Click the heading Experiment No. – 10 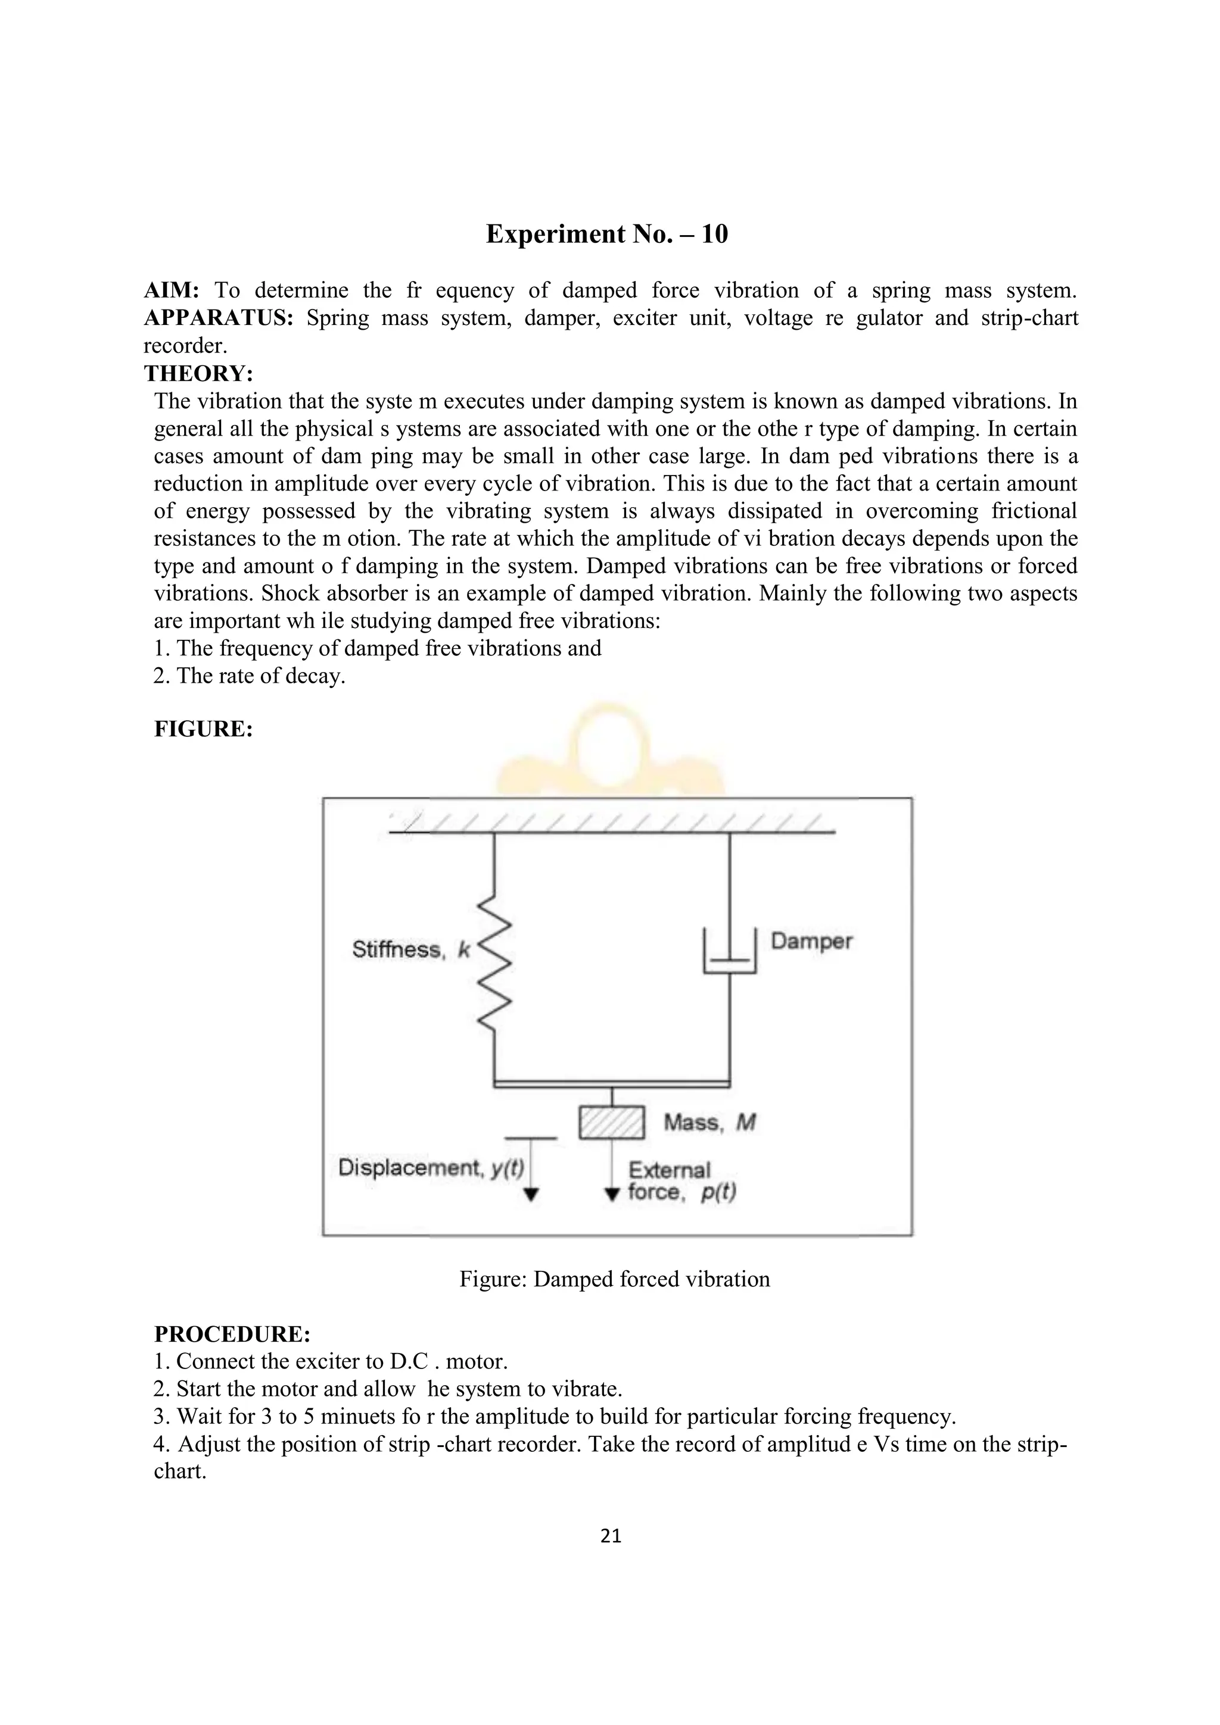click(x=606, y=235)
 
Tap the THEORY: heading click(x=198, y=373)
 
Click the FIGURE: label click(x=203, y=729)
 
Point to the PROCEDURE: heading click(x=232, y=1335)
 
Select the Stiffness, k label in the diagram click(x=410, y=949)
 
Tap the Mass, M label click(x=709, y=1123)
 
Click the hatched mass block click(x=611, y=1123)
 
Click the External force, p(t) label click(x=680, y=1181)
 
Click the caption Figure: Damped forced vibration click(x=614, y=1279)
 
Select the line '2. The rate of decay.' click(x=249, y=676)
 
